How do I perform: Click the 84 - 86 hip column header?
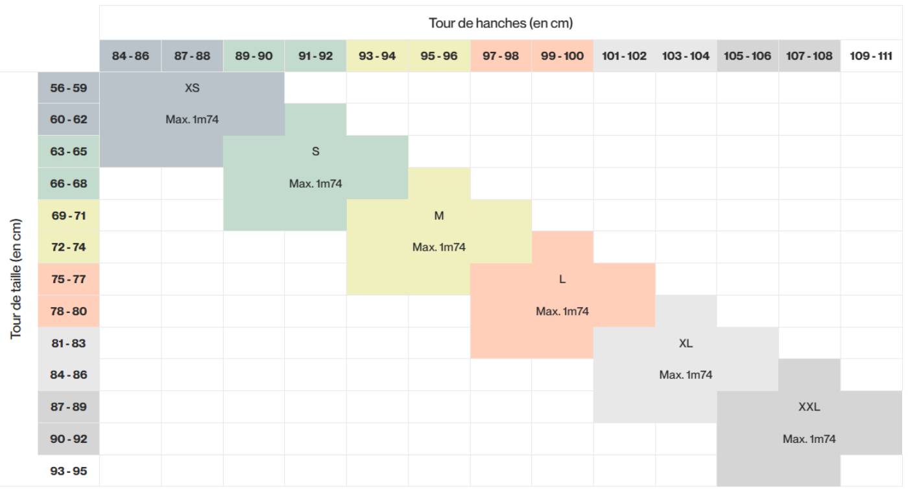pyautogui.click(x=130, y=56)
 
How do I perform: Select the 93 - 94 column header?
pyautogui.click(x=377, y=56)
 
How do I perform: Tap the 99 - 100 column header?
pyautogui.click(x=562, y=56)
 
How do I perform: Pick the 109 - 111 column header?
pyautogui.click(x=871, y=56)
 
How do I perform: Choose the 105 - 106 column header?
pyautogui.click(x=747, y=56)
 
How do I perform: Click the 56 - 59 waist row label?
pyautogui.click(x=69, y=88)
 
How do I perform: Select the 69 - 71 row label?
pyautogui.click(x=69, y=216)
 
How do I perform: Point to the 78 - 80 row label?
pyautogui.click(x=69, y=311)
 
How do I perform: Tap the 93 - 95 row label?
pyautogui.click(x=69, y=471)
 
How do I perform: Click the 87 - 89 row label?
pyautogui.click(x=69, y=407)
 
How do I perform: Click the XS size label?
pyautogui.click(x=192, y=88)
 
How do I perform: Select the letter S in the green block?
pyautogui.click(x=315, y=152)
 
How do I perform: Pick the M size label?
pyautogui.click(x=439, y=216)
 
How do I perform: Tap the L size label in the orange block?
pyautogui.click(x=562, y=279)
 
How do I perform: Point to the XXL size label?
pyautogui.click(x=809, y=407)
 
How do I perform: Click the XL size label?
pyautogui.click(x=686, y=344)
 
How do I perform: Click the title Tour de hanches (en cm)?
pyautogui.click(x=501, y=23)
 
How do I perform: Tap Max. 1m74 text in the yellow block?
pyautogui.click(x=439, y=247)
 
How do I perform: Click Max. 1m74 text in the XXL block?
pyautogui.click(x=809, y=439)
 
